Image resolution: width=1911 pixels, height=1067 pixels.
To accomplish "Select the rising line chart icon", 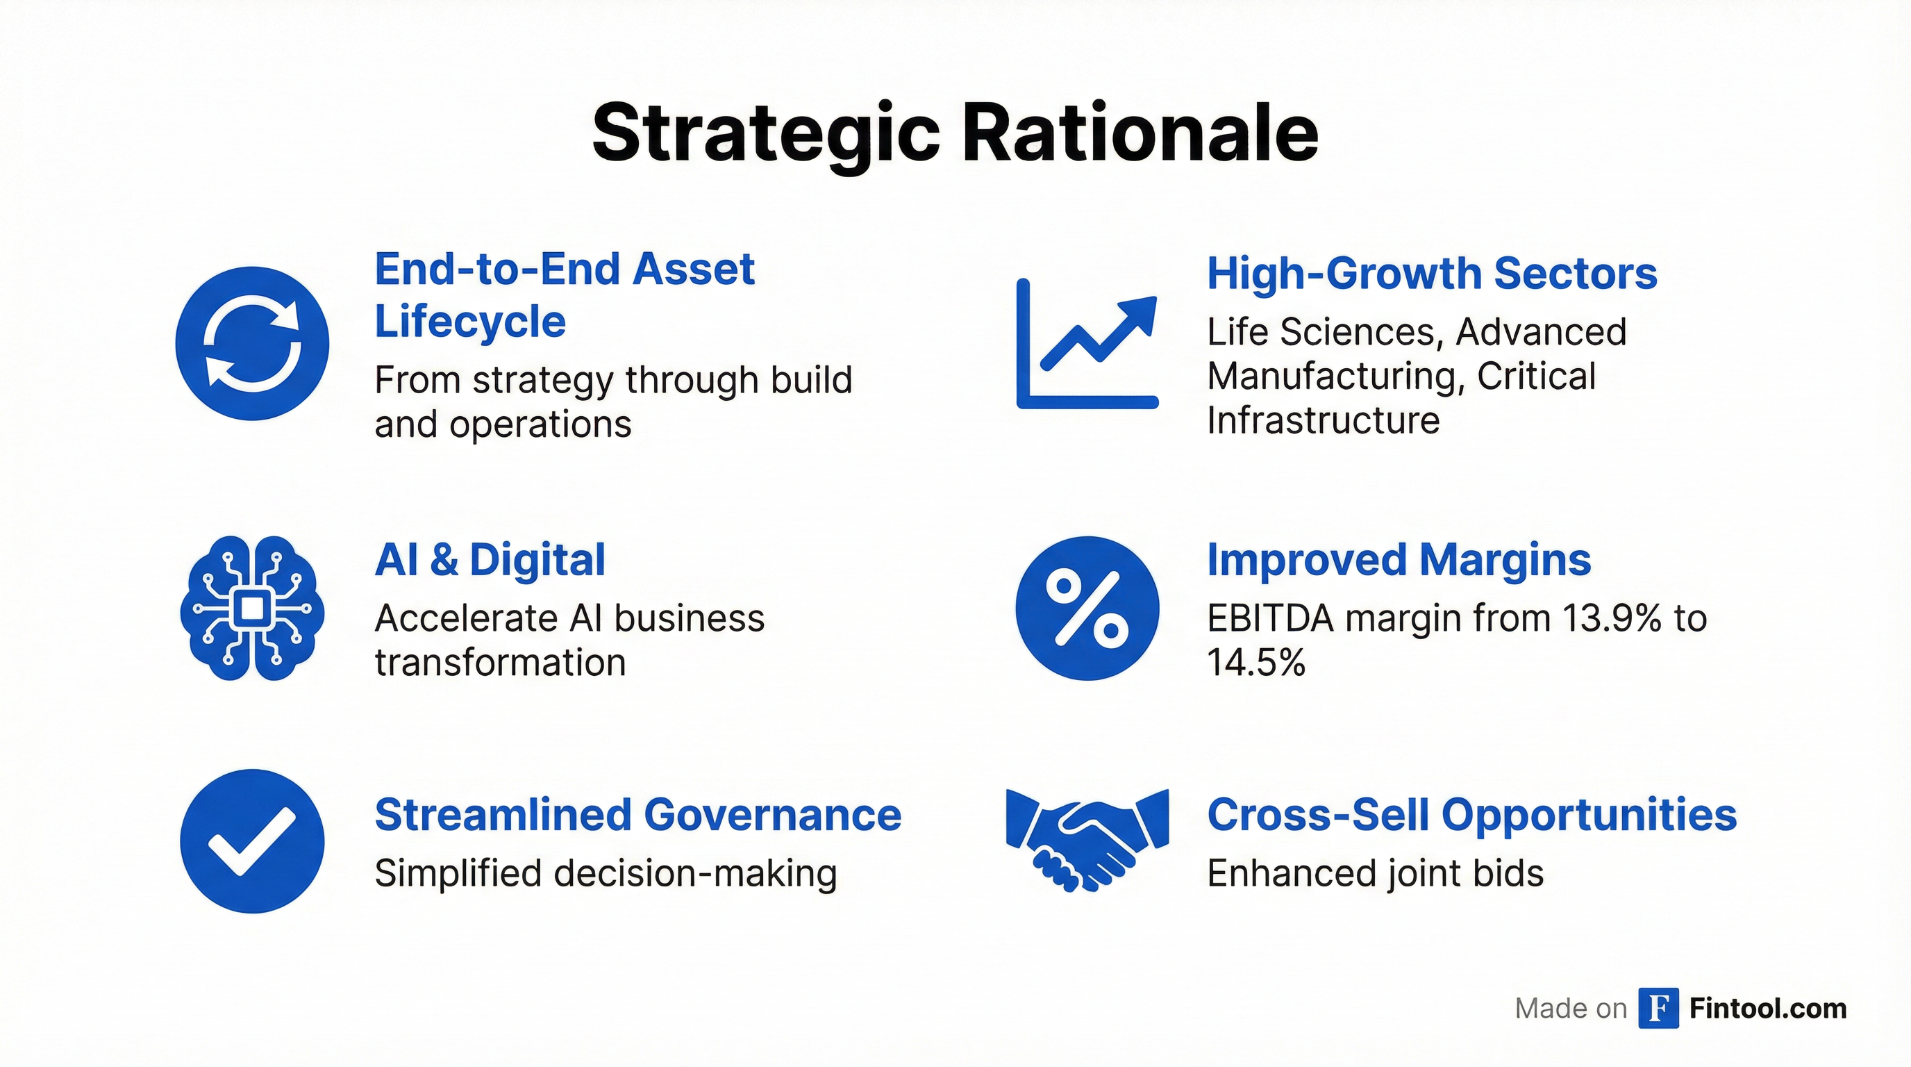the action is coord(1087,344).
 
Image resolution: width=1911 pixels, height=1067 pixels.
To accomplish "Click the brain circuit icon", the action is coord(252,608).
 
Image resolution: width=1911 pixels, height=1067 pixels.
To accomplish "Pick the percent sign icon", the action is coord(1087,608).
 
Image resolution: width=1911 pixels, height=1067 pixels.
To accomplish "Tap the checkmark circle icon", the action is coord(252,841).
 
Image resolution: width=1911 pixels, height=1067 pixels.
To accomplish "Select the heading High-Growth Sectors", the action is coord(1432,274).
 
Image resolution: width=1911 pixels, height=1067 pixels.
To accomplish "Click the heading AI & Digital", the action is coord(490,559).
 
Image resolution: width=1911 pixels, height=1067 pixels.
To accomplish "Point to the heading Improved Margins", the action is coord(1399,560).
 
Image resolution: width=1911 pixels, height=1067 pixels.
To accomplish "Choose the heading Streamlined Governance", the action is coord(638,815).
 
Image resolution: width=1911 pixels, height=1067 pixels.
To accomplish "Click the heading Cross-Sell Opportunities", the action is coord(1472,816).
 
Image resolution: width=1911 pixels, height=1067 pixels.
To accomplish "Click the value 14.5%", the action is coord(1256,662).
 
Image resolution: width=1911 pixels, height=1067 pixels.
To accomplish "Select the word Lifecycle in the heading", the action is coord(470,322).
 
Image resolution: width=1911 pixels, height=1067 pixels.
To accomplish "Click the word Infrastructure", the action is coord(1324,420).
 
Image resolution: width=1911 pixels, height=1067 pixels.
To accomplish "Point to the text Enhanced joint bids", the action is coord(1376,873).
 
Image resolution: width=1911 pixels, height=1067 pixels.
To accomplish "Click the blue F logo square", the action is coord(1659,1009).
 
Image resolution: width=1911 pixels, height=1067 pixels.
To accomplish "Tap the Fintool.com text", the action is coord(1768,1009).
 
